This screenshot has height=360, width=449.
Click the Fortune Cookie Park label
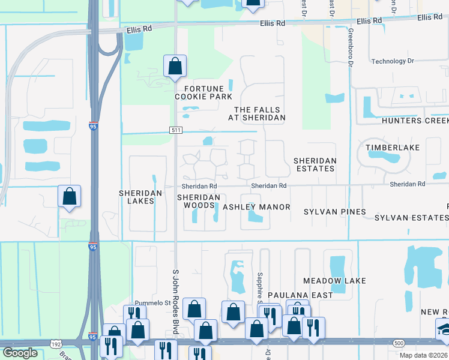point(195,92)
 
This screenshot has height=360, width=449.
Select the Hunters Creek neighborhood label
point(415,121)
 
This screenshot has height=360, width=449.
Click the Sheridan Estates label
point(314,164)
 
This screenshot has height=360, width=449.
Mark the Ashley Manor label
point(256,207)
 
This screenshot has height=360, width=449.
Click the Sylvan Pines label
point(334,212)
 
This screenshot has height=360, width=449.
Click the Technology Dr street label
point(393,61)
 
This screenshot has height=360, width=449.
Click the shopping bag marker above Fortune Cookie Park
point(175,67)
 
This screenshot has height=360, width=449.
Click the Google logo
point(20,353)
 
